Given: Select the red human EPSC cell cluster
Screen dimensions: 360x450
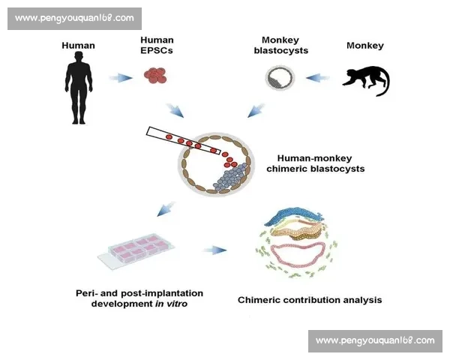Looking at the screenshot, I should point(155,74).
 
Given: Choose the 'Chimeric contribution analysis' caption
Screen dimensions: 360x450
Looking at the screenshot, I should point(309,300).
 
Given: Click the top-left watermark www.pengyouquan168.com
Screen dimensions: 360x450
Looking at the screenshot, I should point(74,17).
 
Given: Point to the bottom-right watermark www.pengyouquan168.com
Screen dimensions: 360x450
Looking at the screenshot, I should point(374,340).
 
